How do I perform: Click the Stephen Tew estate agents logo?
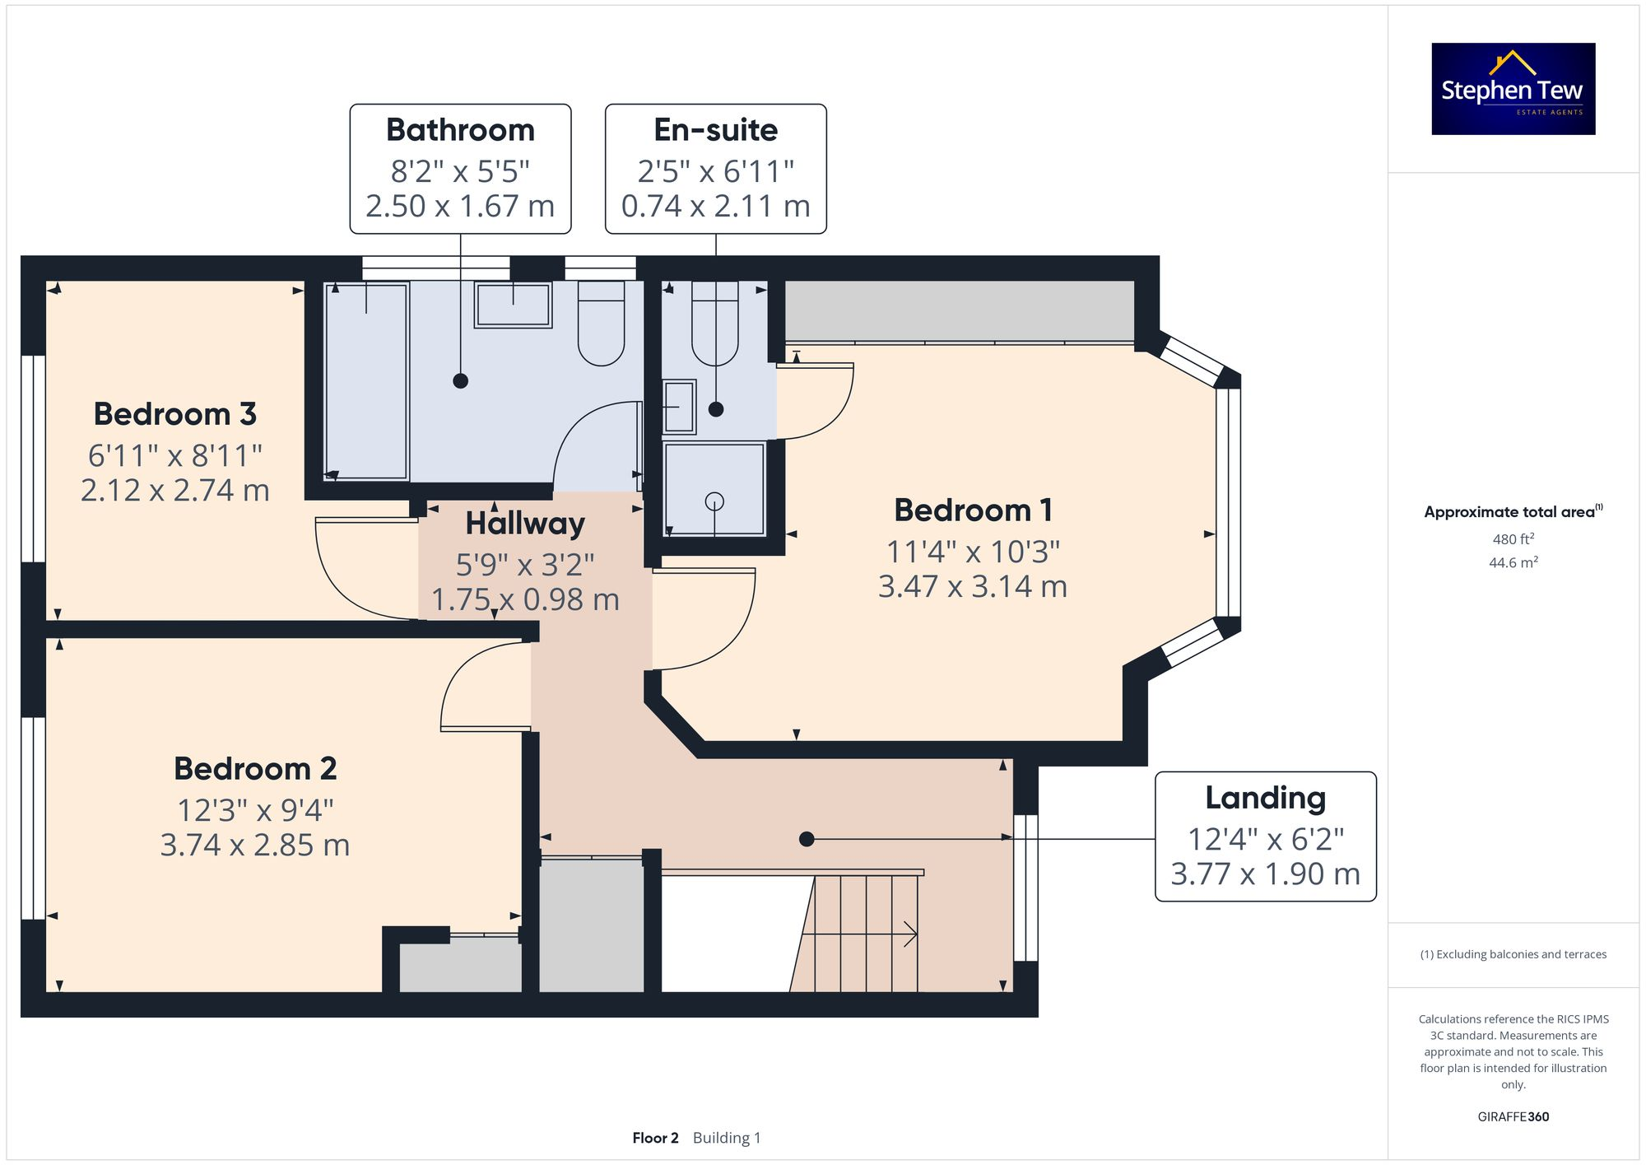1513,89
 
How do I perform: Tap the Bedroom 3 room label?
174,414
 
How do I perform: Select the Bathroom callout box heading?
460,130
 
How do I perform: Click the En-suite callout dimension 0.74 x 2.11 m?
715,206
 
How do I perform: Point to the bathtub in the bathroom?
366,381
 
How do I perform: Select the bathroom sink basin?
513,305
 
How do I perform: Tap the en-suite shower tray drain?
714,501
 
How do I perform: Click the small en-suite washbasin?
680,406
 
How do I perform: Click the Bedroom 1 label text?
973,510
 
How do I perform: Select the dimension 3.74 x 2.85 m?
255,846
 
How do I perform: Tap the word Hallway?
525,524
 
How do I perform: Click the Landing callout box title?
1265,798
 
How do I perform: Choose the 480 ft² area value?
1513,539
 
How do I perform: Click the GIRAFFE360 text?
1513,1117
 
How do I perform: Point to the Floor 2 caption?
655,1138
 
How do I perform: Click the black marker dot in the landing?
807,839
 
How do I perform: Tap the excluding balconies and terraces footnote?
1513,954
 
